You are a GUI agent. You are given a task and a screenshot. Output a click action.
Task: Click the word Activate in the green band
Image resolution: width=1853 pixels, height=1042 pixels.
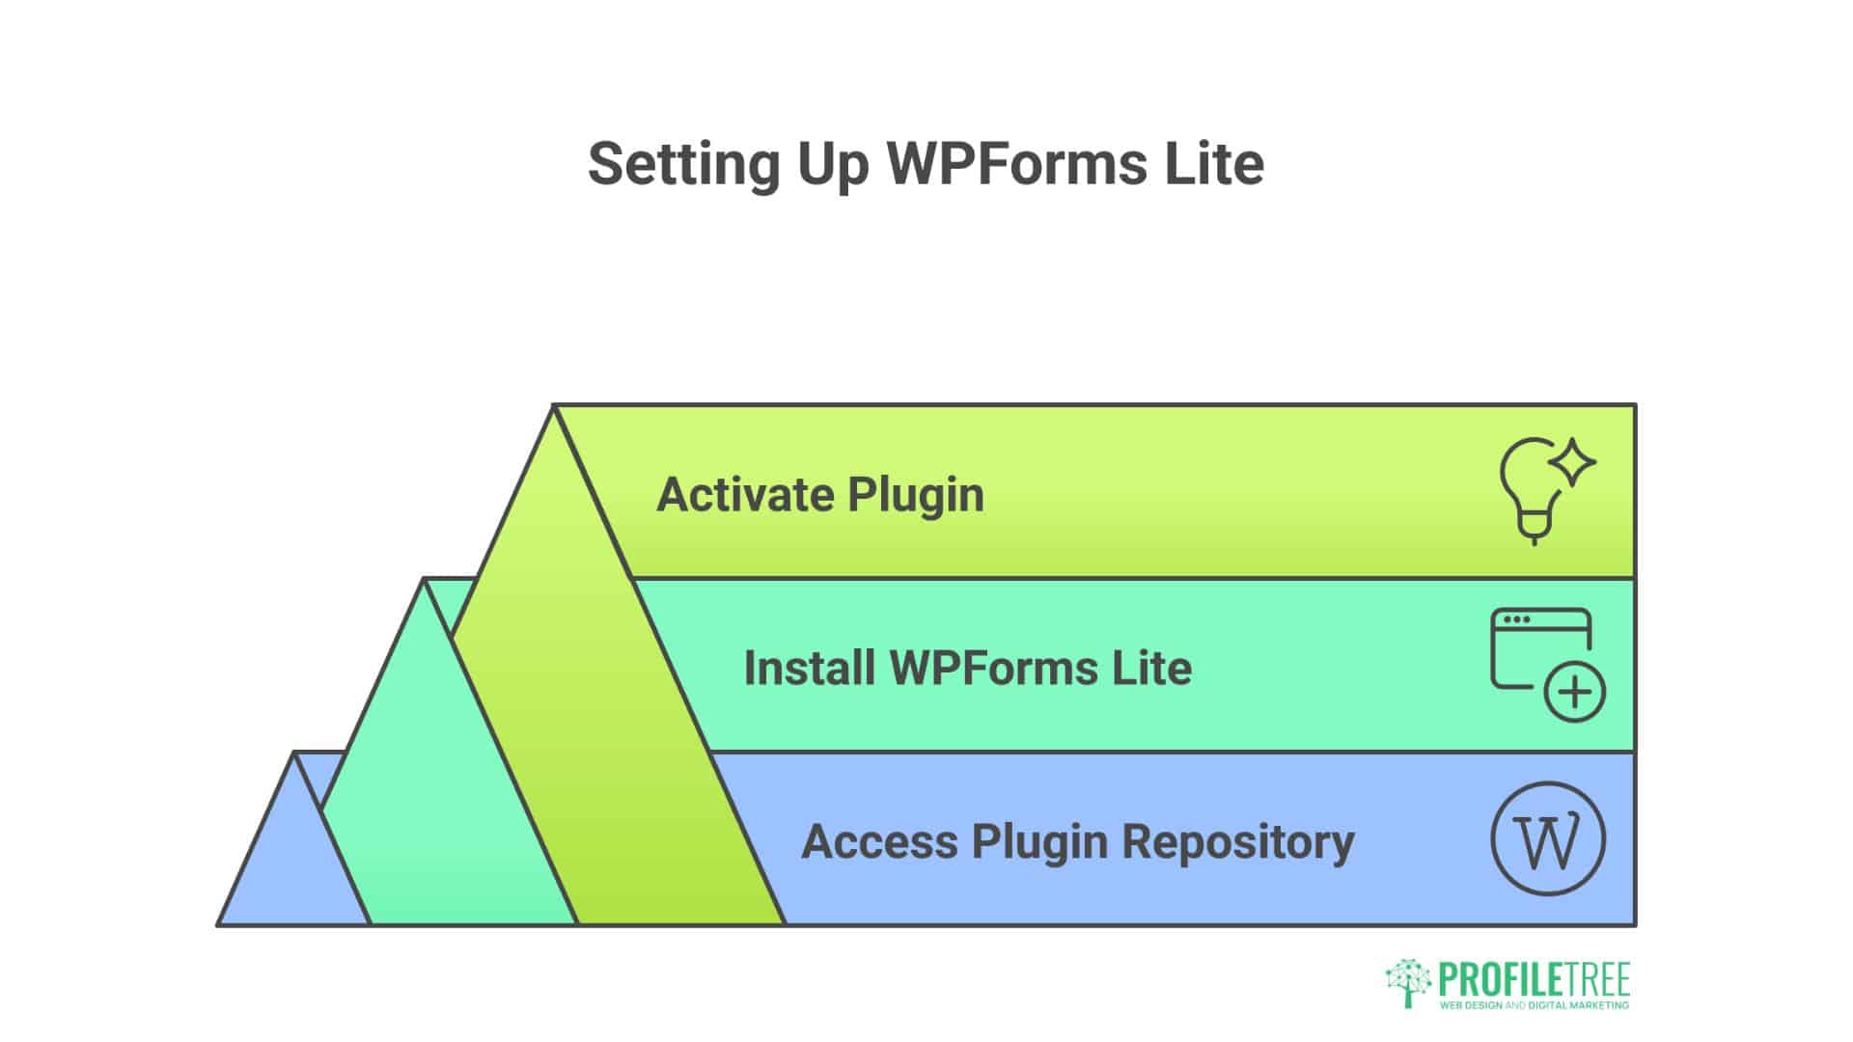(x=745, y=495)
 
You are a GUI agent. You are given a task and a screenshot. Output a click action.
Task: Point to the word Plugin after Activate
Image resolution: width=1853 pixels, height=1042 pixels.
(x=916, y=495)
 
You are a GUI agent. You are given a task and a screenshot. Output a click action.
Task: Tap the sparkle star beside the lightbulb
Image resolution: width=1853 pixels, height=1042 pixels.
(x=1572, y=462)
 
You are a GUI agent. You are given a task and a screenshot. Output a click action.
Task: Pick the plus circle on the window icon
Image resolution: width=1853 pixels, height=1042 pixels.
(x=1574, y=692)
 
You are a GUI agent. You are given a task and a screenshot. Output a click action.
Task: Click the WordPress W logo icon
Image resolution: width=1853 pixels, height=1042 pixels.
(x=1548, y=839)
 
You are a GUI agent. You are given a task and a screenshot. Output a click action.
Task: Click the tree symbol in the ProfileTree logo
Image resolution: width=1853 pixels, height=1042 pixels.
(x=1407, y=982)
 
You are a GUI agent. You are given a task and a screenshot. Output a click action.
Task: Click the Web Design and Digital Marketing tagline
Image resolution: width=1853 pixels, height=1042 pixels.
(x=1534, y=1005)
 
